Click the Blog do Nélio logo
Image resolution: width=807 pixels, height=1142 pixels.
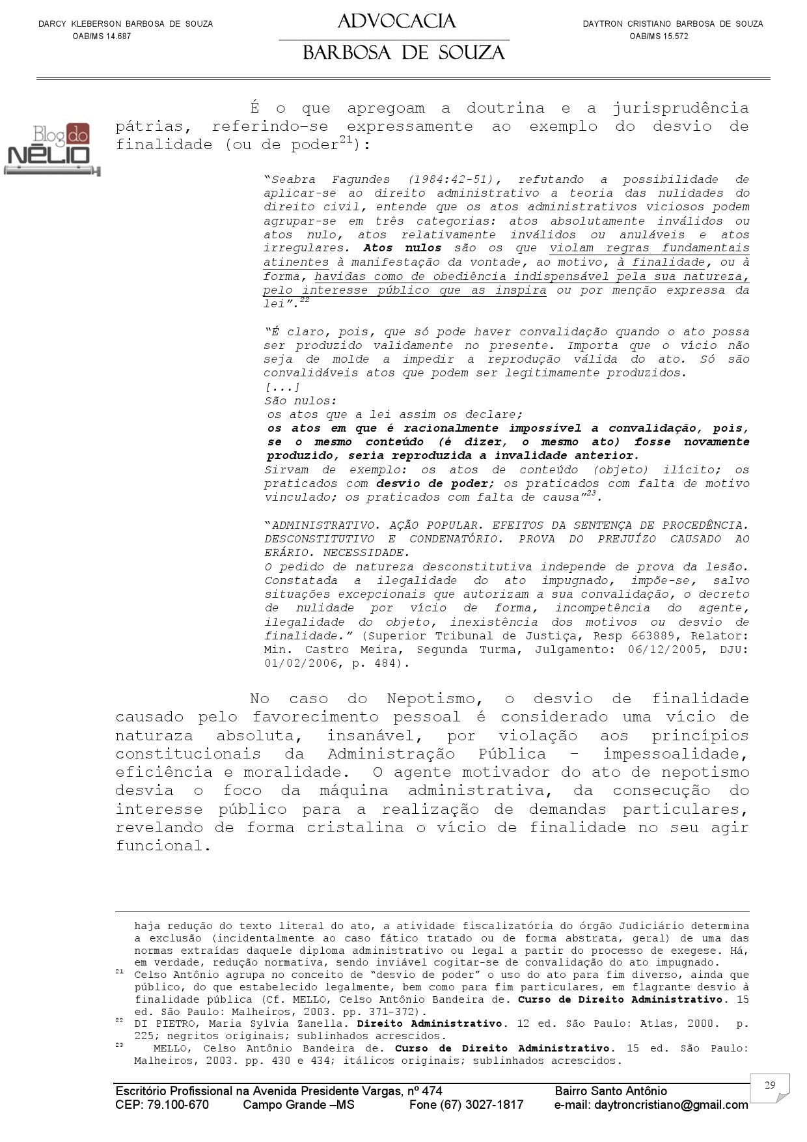click(52, 150)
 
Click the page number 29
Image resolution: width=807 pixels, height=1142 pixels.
click(770, 1085)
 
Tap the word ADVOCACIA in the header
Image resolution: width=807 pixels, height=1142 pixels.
click(396, 21)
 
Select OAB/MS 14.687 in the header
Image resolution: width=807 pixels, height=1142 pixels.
click(102, 36)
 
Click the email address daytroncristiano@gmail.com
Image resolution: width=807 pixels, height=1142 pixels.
click(651, 1105)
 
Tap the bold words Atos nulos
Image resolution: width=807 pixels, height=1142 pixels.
click(402, 248)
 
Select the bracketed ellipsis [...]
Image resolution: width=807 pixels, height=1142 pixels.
click(282, 387)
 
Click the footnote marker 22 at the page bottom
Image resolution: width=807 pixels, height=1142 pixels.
click(119, 1020)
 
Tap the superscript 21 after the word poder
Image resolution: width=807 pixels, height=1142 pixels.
click(346, 139)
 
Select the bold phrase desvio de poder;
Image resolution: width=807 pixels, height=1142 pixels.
click(436, 484)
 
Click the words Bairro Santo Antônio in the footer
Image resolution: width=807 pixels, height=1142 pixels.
click(610, 1091)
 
